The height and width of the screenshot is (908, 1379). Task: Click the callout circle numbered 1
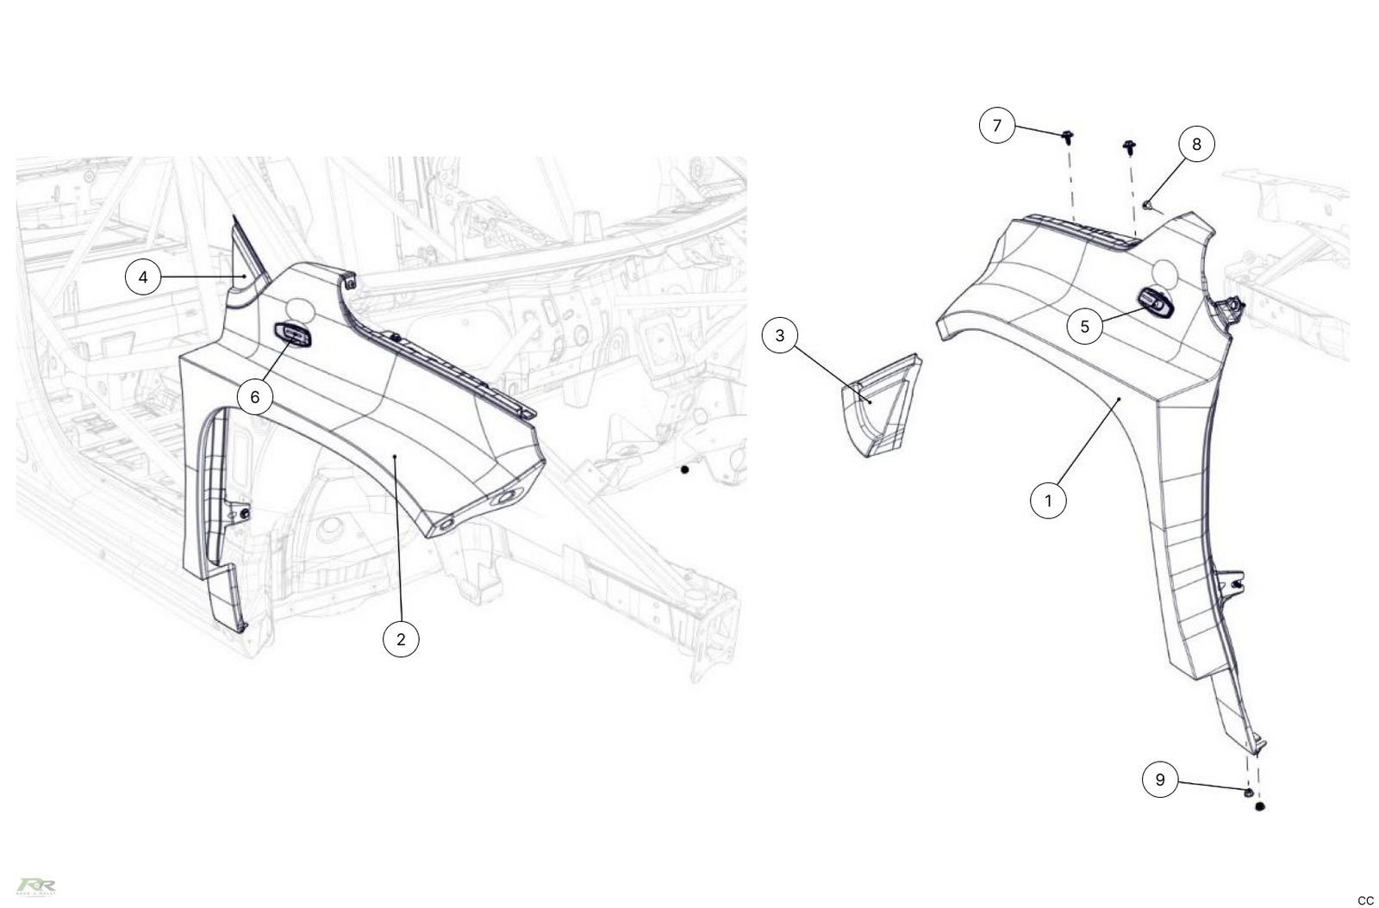click(1048, 500)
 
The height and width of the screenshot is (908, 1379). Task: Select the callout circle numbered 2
click(401, 639)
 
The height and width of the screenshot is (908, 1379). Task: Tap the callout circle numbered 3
click(780, 335)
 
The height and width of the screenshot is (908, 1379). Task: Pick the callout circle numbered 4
click(143, 277)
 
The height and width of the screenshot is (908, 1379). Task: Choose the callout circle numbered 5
click(1084, 327)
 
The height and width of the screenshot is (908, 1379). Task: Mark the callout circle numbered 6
click(254, 396)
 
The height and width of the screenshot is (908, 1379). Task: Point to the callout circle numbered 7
click(997, 126)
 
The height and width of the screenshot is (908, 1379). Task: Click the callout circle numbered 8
click(1196, 144)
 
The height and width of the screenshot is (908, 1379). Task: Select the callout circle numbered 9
click(1160, 780)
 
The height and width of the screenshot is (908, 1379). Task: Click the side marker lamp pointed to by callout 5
click(1156, 302)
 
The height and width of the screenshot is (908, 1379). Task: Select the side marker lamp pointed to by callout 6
click(292, 333)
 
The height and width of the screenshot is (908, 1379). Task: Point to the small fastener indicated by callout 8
click(1148, 204)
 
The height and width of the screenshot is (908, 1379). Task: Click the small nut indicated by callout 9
click(1248, 791)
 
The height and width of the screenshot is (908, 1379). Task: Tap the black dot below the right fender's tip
click(1260, 807)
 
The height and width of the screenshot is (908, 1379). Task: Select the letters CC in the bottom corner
click(1365, 900)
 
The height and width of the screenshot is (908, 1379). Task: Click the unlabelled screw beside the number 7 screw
click(1129, 146)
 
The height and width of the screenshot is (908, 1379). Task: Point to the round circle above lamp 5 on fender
click(1164, 272)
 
